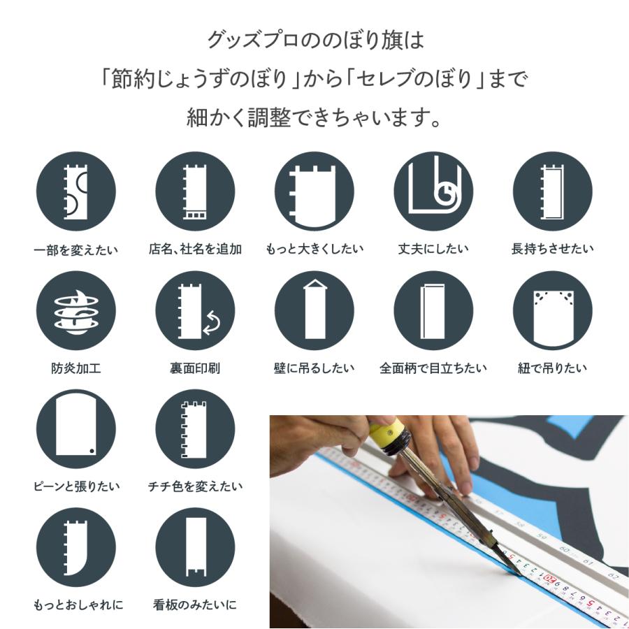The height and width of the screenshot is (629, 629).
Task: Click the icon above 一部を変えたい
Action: click(75, 191)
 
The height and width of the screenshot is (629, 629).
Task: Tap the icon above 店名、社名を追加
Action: click(195, 191)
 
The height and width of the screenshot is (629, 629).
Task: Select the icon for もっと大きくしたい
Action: click(314, 191)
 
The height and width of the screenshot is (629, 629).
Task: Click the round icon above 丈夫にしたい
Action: click(433, 191)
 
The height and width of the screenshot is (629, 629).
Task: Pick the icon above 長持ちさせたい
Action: click(553, 191)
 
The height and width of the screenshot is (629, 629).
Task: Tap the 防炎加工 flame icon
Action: click(75, 310)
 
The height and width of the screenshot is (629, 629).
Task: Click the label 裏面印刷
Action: click(195, 368)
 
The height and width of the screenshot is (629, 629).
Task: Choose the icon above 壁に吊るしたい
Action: click(314, 310)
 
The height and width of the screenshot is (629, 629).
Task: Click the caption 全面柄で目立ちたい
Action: click(433, 368)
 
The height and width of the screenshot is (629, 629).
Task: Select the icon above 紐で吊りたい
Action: click(553, 310)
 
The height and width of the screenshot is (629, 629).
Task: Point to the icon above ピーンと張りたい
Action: click(75, 430)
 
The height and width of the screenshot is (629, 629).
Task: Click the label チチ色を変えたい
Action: click(195, 486)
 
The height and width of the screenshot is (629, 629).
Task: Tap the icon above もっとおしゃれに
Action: click(75, 548)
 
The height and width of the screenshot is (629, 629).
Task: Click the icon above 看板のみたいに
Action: click(195, 548)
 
